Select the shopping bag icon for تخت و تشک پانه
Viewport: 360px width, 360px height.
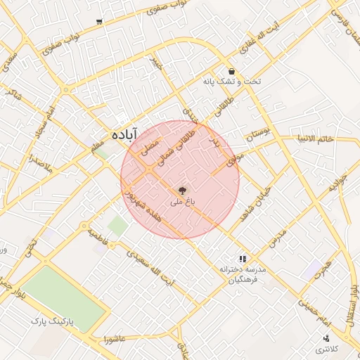point(231,71)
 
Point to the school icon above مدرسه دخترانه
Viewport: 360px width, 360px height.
point(243,259)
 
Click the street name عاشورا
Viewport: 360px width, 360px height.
point(113,340)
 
